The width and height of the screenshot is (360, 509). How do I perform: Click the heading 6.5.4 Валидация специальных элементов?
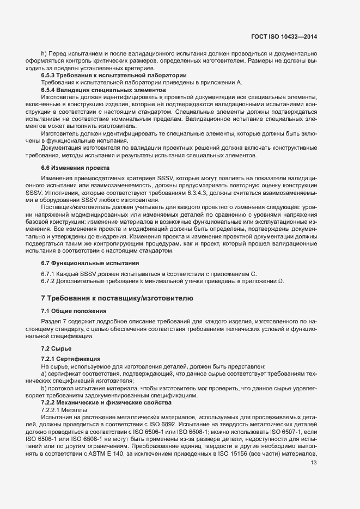tap(103, 89)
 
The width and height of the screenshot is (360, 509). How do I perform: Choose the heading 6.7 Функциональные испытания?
tap(86, 263)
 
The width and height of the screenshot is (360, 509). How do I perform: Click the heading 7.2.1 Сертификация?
tap(70, 359)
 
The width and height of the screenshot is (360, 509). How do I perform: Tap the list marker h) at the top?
tap(44, 53)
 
